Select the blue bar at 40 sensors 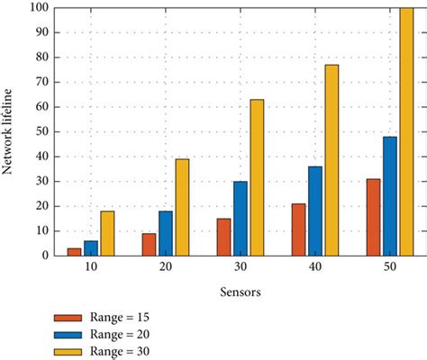314,211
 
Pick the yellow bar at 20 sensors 182,207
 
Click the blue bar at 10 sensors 92,247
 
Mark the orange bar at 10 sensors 75,251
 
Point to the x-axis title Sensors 240,292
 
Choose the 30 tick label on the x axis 240,269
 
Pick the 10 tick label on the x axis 91,269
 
